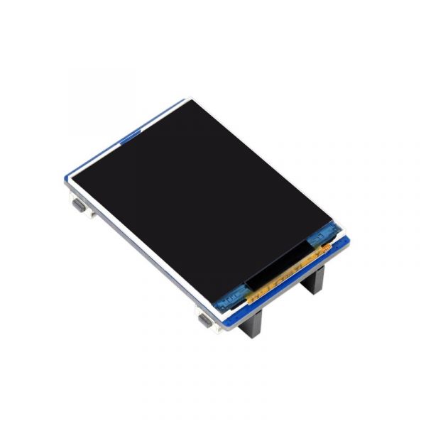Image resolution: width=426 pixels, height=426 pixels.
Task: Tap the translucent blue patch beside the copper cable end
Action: (x=328, y=232)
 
